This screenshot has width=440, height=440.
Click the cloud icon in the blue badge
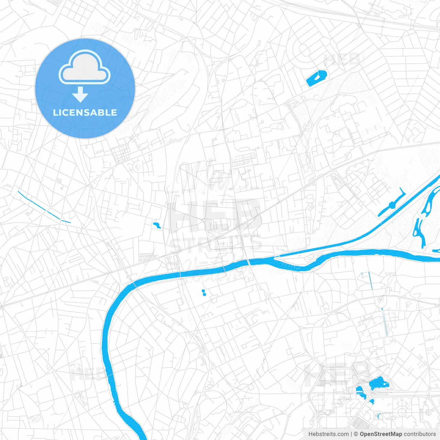pos(85,67)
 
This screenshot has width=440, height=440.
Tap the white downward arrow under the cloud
pos(80,95)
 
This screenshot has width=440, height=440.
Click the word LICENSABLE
pos(85,112)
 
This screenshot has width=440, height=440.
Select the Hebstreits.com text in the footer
pos(328,434)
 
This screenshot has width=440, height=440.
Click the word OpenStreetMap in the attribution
pos(381,434)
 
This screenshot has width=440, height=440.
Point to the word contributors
pos(420,434)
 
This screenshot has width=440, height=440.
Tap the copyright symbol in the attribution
pos(356,434)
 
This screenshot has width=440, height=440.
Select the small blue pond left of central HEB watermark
pos(157,225)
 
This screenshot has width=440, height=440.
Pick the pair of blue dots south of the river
pos(204,293)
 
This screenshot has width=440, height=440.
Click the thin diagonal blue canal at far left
pos(44,207)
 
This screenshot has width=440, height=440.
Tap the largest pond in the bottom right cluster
pos(378,384)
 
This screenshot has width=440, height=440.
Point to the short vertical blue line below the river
pos(371,280)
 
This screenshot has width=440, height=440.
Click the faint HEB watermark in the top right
pos(342,60)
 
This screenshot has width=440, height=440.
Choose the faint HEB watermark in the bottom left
pos(88,374)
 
